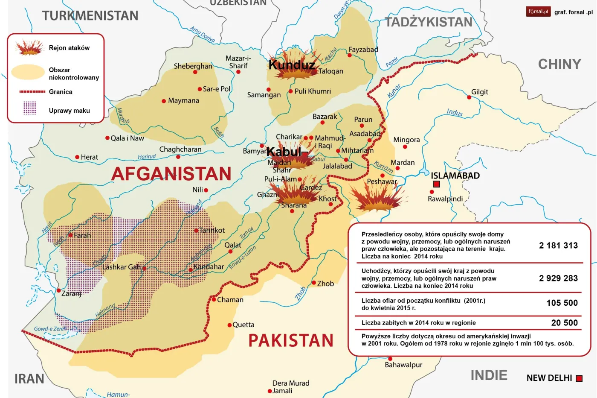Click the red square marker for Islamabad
pyautogui.click(x=436, y=184)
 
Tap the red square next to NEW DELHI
pyautogui.click(x=579, y=378)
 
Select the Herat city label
pyautogui.click(x=89, y=157)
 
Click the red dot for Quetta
pyautogui.click(x=229, y=325)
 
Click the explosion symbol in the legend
pyautogui.click(x=29, y=48)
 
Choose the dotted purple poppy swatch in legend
pyautogui.click(x=29, y=108)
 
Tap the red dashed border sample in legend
pyautogui.click(x=32, y=92)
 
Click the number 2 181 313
pyautogui.click(x=558, y=246)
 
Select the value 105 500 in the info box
pyautogui.click(x=562, y=303)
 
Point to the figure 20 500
pyautogui.click(x=564, y=323)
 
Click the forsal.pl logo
pyautogui.click(x=538, y=12)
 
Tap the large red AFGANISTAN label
pyautogui.click(x=171, y=174)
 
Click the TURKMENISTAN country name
pyautogui.click(x=90, y=16)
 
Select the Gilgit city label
pyautogui.click(x=479, y=92)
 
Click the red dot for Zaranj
pyautogui.click(x=59, y=290)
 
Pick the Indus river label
pyautogui.click(x=455, y=112)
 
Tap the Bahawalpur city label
pyautogui.click(x=403, y=365)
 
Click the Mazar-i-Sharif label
pyautogui.click(x=238, y=62)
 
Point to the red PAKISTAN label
pyautogui.click(x=291, y=340)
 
